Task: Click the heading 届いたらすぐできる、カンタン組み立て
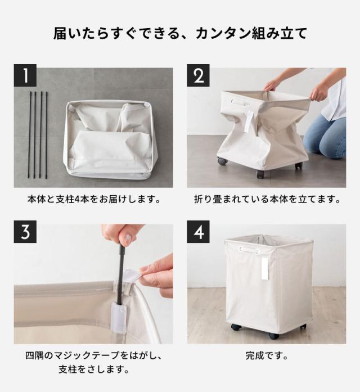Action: coord(180,33)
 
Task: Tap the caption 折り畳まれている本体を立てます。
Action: coord(267,200)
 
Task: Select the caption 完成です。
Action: coord(267,355)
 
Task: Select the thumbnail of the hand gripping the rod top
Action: coord(121,235)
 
